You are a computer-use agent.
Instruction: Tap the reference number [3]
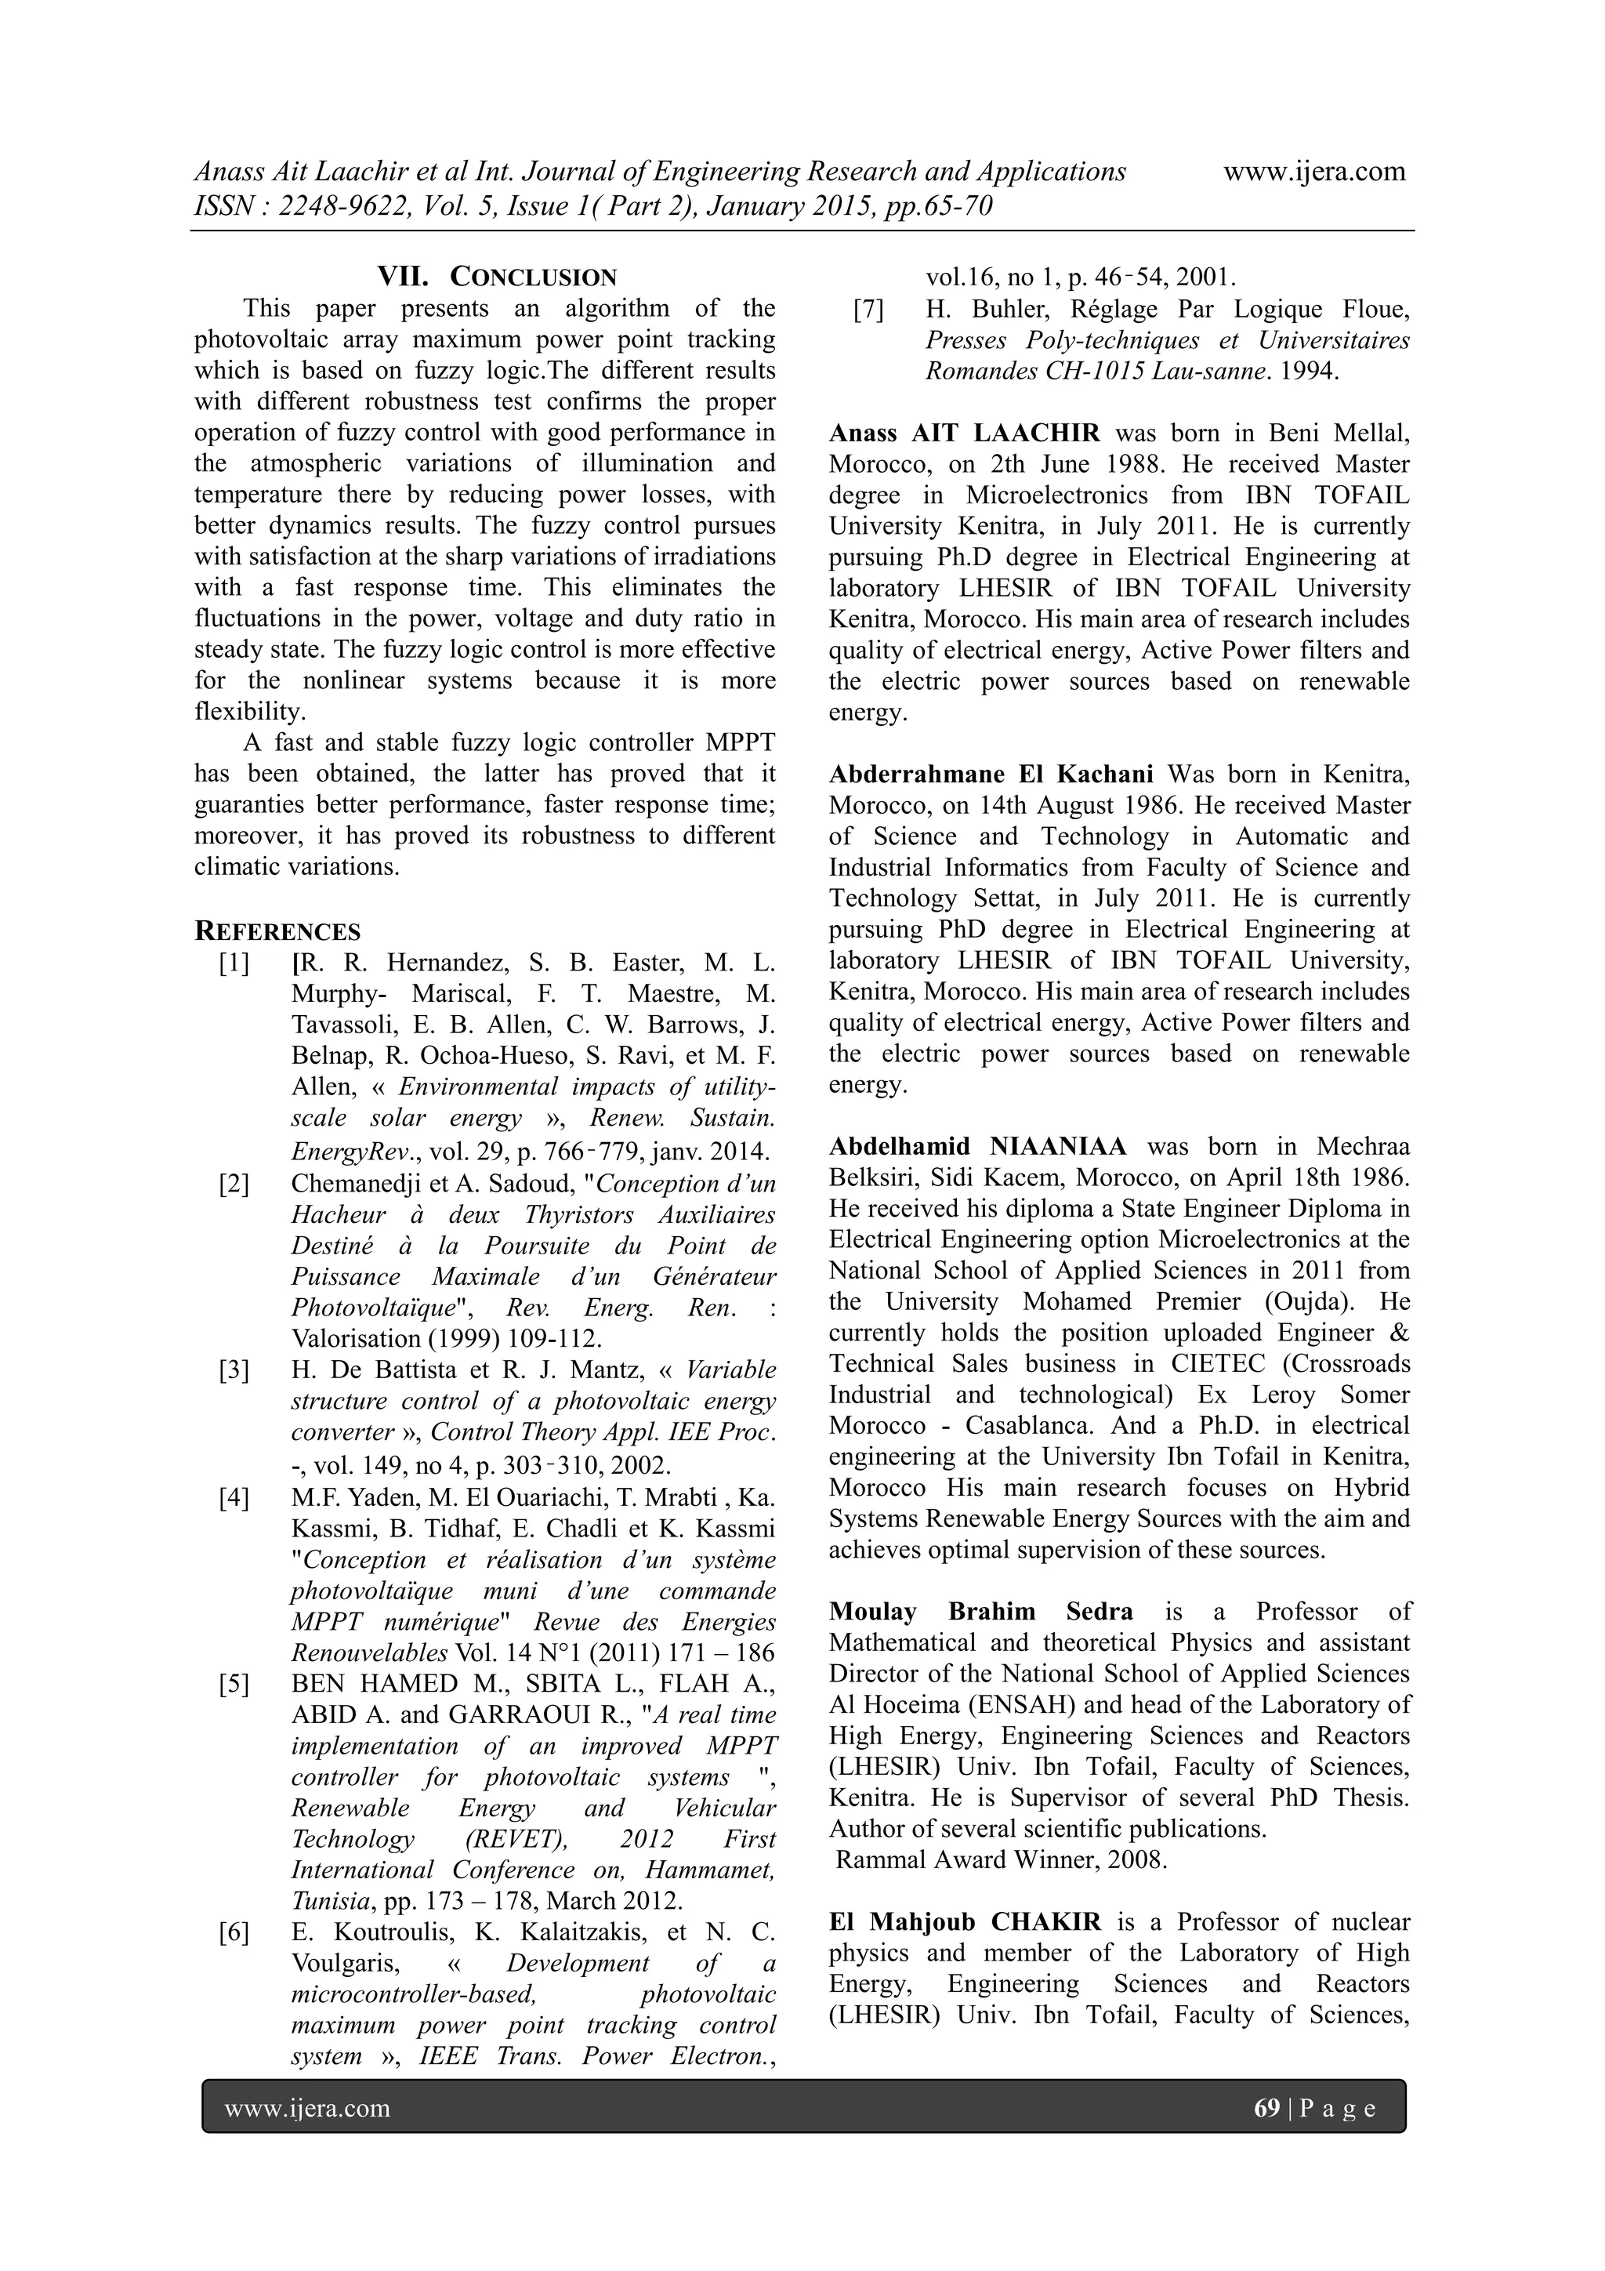point(234,1370)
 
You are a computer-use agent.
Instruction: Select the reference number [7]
point(868,310)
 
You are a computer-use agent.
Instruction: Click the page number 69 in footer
point(1266,2108)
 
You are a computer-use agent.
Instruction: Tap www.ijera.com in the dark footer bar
point(307,2108)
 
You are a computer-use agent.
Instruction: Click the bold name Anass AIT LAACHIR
point(964,434)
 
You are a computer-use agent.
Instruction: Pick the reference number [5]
point(234,1684)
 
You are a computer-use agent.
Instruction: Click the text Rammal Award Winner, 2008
point(1002,1859)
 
